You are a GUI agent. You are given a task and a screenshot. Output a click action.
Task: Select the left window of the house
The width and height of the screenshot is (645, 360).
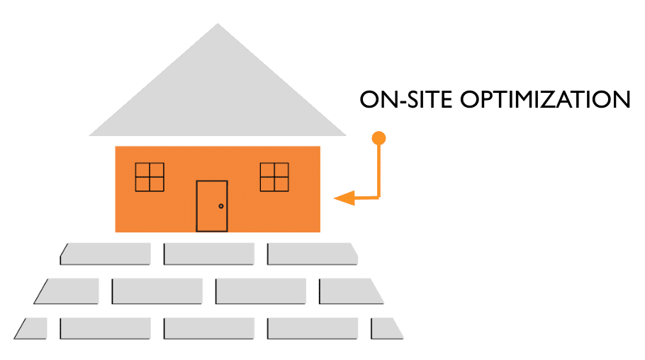click(x=150, y=176)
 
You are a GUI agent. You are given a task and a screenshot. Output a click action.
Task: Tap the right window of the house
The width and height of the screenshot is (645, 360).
click(x=274, y=176)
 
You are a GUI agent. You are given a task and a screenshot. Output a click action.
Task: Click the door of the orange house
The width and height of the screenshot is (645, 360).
click(x=212, y=206)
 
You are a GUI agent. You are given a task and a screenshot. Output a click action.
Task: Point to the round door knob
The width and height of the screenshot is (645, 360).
click(x=221, y=206)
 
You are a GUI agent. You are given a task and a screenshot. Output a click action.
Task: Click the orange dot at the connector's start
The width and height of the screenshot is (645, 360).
click(x=379, y=137)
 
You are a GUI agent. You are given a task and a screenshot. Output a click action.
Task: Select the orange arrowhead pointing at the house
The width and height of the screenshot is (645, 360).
click(x=344, y=198)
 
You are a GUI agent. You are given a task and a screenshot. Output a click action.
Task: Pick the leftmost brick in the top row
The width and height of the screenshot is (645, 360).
click(x=106, y=254)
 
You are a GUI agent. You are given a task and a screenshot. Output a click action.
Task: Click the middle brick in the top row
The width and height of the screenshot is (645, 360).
click(x=209, y=254)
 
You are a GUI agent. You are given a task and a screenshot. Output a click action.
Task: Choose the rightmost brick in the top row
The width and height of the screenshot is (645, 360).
click(x=312, y=254)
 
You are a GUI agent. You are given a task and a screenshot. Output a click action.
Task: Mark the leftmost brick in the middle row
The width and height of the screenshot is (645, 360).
click(x=68, y=291)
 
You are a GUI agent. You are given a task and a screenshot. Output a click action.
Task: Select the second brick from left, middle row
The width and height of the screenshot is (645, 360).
click(x=157, y=291)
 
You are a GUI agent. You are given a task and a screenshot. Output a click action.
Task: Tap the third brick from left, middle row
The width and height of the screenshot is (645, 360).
click(x=261, y=291)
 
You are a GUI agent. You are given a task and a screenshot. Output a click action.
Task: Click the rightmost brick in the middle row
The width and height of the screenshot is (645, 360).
click(x=350, y=291)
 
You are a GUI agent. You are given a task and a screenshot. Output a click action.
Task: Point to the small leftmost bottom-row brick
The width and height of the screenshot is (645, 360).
click(x=31, y=328)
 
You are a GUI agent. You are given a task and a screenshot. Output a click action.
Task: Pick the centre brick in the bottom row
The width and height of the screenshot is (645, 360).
click(x=209, y=328)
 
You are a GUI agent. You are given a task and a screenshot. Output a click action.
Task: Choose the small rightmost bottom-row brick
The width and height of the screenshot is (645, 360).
click(x=386, y=328)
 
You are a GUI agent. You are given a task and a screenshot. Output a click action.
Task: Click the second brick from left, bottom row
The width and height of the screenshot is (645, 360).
click(x=106, y=328)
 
